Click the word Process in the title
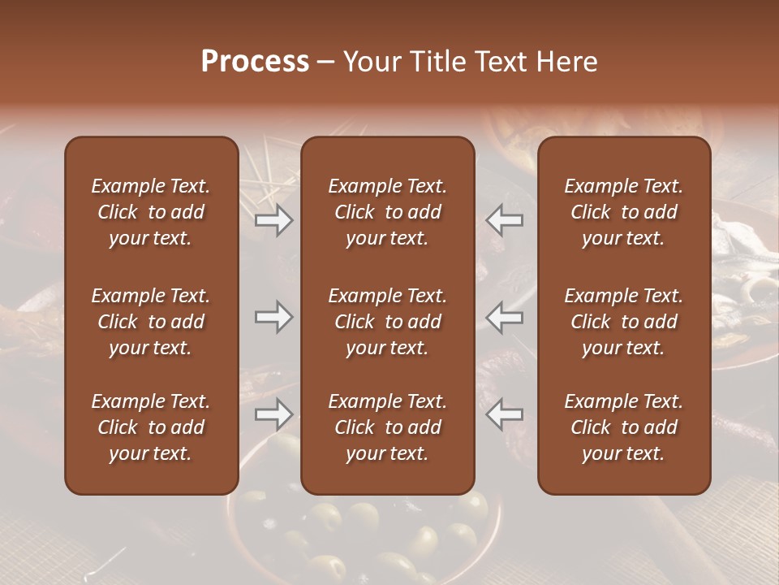tap(255, 62)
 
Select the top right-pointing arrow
tap(274, 220)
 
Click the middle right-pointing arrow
tap(274, 317)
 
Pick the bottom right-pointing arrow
tap(274, 414)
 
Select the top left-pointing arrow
tap(505, 220)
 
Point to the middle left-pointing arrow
tap(505, 317)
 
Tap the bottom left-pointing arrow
tap(505, 414)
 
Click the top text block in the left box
tap(151, 212)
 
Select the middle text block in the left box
tap(151, 322)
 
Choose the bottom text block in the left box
tap(151, 427)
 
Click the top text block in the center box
tap(387, 212)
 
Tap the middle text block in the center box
tap(387, 322)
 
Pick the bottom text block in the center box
tap(387, 427)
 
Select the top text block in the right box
tap(623, 212)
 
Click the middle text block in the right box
tap(623, 322)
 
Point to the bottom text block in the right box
tap(623, 427)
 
